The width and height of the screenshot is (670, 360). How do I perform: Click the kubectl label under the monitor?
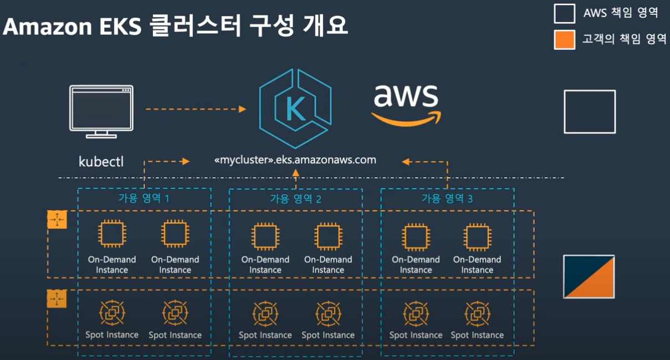(101, 162)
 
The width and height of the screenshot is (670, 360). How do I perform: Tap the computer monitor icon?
(101, 111)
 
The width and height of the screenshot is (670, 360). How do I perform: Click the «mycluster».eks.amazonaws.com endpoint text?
(295, 160)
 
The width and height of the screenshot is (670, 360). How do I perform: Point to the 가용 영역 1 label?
(144, 198)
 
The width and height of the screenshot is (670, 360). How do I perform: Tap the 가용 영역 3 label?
(447, 198)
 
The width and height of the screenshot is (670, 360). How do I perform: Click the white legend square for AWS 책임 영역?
(564, 13)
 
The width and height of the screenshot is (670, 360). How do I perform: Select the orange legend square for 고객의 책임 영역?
(564, 39)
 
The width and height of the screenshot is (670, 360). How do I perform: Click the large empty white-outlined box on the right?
(590, 112)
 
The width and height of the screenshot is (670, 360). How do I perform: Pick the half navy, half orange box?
(589, 276)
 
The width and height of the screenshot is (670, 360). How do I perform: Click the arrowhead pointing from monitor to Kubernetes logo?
(242, 109)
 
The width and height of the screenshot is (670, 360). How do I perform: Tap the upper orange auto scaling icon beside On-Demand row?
(57, 219)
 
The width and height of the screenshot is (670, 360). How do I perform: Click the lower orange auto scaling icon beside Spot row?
(57, 299)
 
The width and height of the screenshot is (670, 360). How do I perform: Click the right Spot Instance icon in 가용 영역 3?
(477, 313)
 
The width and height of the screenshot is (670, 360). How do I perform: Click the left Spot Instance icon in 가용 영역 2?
(265, 313)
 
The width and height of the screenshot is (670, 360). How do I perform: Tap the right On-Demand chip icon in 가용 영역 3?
(477, 237)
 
